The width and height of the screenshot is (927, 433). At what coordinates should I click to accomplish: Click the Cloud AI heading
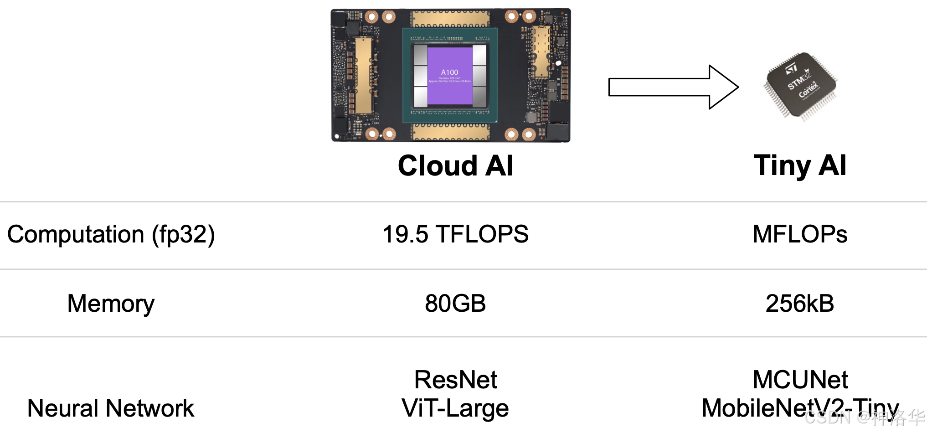tap(455, 165)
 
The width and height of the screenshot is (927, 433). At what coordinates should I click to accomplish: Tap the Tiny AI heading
tap(800, 165)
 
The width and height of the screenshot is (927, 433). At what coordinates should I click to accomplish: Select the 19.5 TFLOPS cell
tap(455, 234)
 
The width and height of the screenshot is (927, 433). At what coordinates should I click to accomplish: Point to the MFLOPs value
tap(800, 234)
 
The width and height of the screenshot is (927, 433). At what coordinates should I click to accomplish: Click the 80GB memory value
tap(455, 304)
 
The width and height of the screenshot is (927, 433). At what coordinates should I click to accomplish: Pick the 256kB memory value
tap(800, 304)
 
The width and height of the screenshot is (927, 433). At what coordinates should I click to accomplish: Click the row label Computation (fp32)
tap(111, 234)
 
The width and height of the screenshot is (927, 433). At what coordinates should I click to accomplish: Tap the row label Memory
tap(111, 304)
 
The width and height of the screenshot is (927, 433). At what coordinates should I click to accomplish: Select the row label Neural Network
tap(111, 408)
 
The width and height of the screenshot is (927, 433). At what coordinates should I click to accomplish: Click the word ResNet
tap(455, 380)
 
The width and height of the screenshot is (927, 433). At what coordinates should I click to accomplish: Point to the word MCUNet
tap(800, 380)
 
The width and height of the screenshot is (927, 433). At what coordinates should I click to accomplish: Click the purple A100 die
tap(449, 76)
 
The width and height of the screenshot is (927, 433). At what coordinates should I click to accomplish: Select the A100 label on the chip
tap(449, 72)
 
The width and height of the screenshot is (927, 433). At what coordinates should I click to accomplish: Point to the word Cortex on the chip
tap(809, 89)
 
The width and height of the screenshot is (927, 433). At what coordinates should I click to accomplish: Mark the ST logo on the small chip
tap(791, 69)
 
